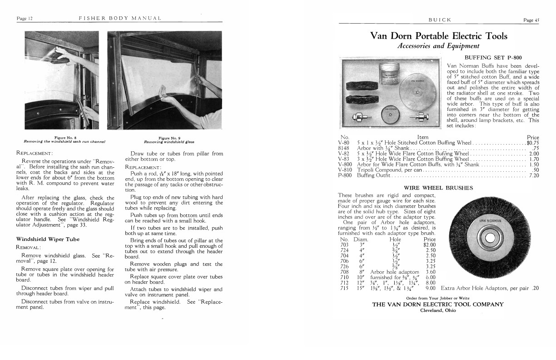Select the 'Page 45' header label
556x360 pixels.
pyautogui.click(x=531, y=20)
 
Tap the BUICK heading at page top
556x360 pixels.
pyautogui.click(x=439, y=20)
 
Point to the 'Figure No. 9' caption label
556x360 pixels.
pyautogui.click(x=169, y=138)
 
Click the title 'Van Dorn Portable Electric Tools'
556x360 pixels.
pyautogui.click(x=439, y=36)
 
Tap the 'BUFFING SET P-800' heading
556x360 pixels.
pyautogui.click(x=493, y=58)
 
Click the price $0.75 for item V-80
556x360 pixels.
pyautogui.click(x=532, y=142)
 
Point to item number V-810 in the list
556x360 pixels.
pyautogui.click(x=346, y=170)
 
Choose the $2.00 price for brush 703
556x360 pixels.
pyautogui.click(x=429, y=245)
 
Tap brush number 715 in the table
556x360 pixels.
pyautogui.click(x=344, y=288)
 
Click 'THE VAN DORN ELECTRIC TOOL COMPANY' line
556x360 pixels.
pyautogui.click(x=438, y=304)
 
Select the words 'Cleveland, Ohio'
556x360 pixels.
pyautogui.click(x=438, y=310)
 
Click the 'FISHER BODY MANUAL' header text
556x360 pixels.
pyautogui.click(x=120, y=18)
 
